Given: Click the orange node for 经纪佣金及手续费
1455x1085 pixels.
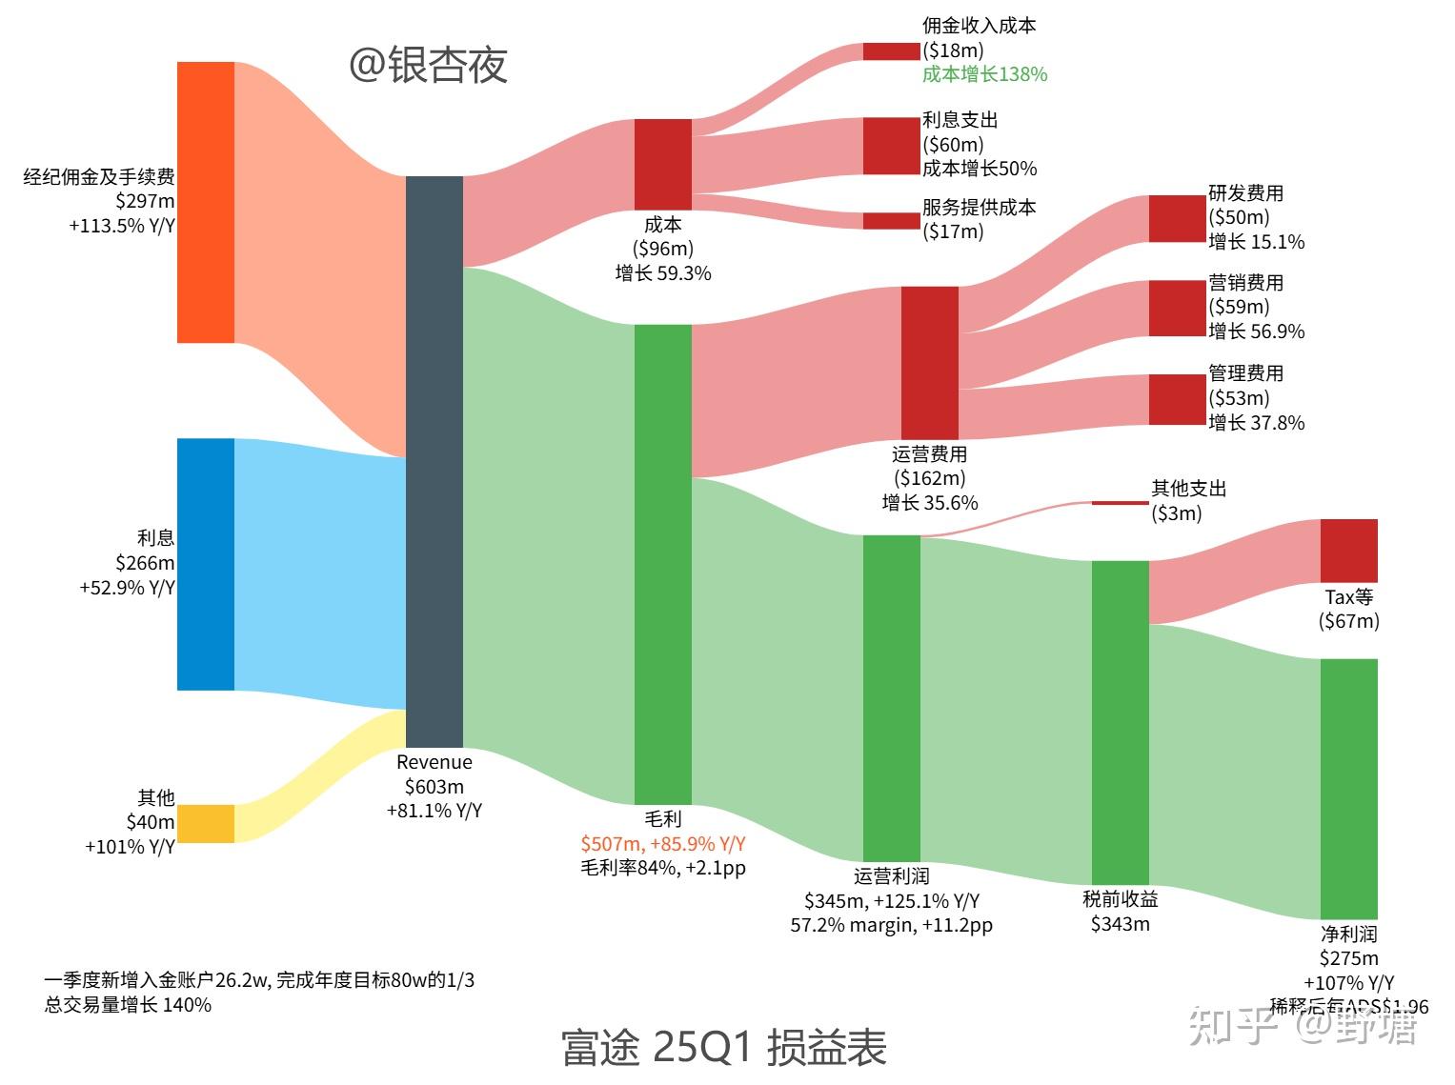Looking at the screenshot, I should (206, 202).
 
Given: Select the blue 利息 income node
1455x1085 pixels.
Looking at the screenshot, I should (206, 564).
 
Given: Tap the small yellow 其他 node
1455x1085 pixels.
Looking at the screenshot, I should (206, 823).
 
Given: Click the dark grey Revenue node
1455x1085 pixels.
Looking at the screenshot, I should (434, 461).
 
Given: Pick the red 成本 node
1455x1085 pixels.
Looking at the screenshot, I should (663, 164).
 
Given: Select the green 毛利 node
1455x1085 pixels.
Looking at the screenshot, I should (663, 564).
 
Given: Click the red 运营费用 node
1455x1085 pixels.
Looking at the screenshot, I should (930, 362).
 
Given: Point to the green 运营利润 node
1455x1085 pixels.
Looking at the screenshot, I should (892, 697).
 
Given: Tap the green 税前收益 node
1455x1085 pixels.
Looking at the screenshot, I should (1121, 722).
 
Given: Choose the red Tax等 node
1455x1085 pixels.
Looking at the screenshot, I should (1349, 551).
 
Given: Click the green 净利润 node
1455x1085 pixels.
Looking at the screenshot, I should (1349, 788).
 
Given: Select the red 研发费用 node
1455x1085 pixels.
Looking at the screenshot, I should (1178, 218).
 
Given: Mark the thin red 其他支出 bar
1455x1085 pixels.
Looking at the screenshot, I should (1121, 502).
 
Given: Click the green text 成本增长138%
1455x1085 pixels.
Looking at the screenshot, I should (984, 74).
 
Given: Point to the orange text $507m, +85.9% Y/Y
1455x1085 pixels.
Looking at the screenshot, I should (663, 843).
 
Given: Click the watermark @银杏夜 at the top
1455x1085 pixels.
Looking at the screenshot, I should (428, 65).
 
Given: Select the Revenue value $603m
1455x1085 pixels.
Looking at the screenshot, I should (434, 787).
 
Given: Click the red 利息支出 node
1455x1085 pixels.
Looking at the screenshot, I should (892, 146).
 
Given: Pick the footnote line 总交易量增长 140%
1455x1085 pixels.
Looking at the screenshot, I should (128, 1005).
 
